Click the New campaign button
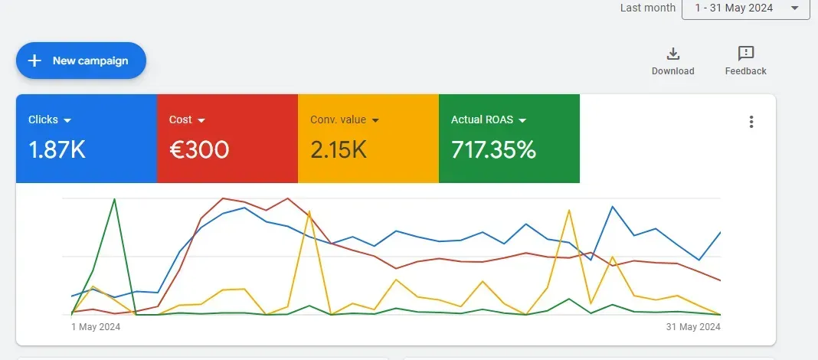[81, 61]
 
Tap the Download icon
[673, 54]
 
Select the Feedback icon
[745, 54]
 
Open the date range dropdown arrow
[794, 8]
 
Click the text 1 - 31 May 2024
[734, 8]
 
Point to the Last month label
[647, 8]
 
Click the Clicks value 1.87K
[57, 149]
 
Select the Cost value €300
[198, 149]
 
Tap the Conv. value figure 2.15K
[339, 149]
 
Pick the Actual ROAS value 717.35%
[493, 149]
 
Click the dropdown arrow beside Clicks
[67, 120]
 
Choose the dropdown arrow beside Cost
[201, 120]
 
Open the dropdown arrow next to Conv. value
[376, 120]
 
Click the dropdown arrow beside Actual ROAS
[522, 120]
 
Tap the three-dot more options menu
[751, 122]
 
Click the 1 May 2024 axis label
[96, 327]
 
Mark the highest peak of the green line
[114, 199]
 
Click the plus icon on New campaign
[34, 61]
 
